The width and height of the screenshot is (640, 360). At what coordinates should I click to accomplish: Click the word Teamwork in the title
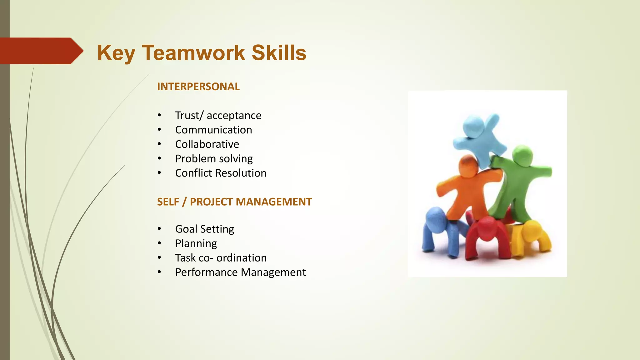194,52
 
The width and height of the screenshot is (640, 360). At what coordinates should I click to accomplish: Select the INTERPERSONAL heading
198,87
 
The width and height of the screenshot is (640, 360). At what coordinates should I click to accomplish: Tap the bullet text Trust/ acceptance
218,115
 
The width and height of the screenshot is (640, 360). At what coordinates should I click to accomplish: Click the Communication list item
213,130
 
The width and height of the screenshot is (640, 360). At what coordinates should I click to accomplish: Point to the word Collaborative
207,144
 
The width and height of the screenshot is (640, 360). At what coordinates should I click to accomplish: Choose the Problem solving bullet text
214,158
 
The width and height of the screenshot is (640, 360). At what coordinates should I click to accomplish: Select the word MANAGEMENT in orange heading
274,202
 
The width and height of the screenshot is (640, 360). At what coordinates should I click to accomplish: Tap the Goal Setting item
204,229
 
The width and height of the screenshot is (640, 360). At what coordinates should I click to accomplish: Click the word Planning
196,243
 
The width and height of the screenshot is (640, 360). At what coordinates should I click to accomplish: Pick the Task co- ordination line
221,258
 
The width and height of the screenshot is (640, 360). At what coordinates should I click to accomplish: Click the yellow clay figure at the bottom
531,236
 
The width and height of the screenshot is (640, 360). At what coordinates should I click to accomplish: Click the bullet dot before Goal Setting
159,229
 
